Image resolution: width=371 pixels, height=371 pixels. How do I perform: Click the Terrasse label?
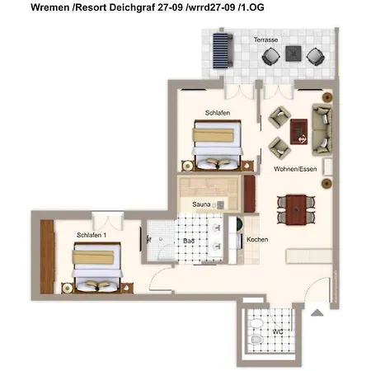pos(265,40)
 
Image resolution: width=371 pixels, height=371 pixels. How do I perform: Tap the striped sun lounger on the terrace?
pos(223,51)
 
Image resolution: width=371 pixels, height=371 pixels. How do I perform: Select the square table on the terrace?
pos(294,54)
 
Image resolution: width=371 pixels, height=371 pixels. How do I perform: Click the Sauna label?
pos(201,204)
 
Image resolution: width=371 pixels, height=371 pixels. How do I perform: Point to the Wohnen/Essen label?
pos(295,169)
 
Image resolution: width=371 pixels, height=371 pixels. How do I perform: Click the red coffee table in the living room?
pos(298,131)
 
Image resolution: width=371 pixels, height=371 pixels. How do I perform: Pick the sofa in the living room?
pos(322,129)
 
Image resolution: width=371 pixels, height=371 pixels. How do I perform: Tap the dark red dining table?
pos(296,209)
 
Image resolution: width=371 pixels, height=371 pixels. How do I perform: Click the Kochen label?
pos(257,239)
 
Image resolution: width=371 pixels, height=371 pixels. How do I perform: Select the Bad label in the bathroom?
pos(189,241)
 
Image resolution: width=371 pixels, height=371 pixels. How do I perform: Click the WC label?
pos(278,332)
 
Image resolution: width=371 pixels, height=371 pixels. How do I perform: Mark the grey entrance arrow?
pos(317,312)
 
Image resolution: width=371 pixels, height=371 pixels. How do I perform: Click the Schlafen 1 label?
pos(92,235)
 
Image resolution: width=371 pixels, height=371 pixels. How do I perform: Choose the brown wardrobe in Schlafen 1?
pos(47,256)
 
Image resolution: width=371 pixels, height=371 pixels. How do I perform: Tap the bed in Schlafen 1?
pos(97,267)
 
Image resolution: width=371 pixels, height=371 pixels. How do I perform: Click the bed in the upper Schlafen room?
pos(218,145)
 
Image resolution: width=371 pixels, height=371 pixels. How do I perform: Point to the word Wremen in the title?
pos(50,7)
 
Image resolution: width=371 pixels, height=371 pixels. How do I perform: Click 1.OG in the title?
pos(252,7)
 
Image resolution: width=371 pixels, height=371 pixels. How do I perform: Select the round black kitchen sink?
pos(238,223)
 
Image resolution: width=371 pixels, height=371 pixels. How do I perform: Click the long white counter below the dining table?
pos(309,256)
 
